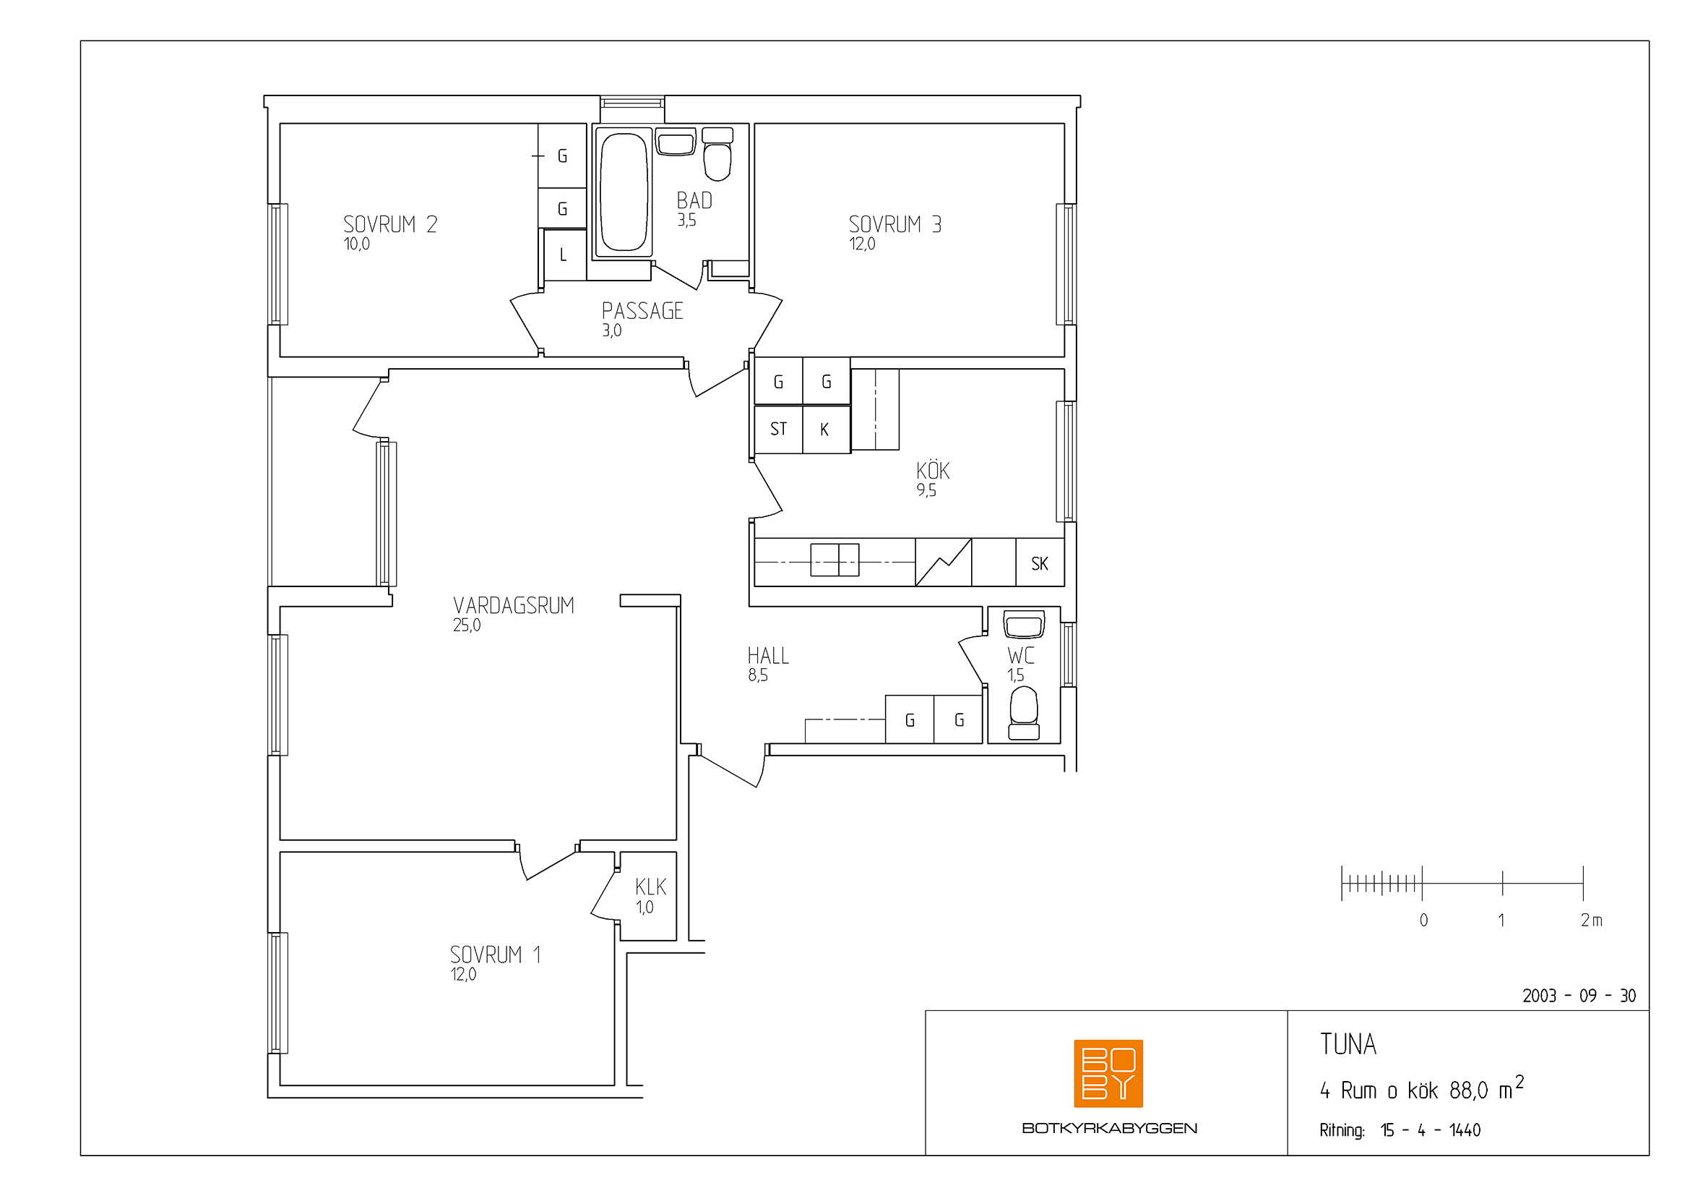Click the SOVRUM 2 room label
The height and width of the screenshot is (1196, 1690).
pos(390,224)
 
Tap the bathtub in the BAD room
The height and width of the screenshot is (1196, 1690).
pos(624,192)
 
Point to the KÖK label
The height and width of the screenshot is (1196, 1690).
pos(933,470)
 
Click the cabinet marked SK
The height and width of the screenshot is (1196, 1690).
pos(1040,563)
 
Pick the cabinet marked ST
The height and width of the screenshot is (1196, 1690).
pos(778,429)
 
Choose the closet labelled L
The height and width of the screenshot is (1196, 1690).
pos(564,255)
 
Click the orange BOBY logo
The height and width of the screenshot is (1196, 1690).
pos(1108,1073)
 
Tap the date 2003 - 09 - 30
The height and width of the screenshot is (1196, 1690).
pos(1579,996)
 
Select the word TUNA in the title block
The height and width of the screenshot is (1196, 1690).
pos(1348,1044)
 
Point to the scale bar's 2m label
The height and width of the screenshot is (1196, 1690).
pos(1591,920)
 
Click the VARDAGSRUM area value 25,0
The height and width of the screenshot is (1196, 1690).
pos(467,625)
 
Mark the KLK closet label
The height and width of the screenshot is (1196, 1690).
pos(651,887)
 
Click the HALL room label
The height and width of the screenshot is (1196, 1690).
pos(769,655)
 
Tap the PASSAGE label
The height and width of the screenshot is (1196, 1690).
pos(642,311)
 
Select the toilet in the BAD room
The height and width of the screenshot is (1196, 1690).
pos(717,154)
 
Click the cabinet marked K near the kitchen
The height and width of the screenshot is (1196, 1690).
pos(826,429)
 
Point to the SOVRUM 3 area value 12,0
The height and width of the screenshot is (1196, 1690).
pos(862,244)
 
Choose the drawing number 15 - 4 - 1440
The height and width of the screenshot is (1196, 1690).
pos(1430,1129)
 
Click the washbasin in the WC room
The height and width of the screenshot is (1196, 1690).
pos(1024,625)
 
